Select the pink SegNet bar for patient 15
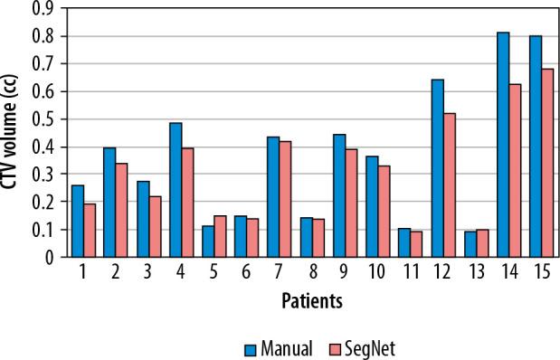coord(548,163)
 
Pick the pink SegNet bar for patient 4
coord(187,203)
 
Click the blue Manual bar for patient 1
coord(77,221)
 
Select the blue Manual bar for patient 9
coord(339,195)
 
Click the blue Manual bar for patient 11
coord(405,242)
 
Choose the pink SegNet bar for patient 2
coord(121,210)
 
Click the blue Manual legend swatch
coord(252,347)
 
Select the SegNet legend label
coord(365,347)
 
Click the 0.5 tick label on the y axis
coord(42,119)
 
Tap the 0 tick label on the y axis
coord(47,257)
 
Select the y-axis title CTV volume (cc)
coord(13,131)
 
